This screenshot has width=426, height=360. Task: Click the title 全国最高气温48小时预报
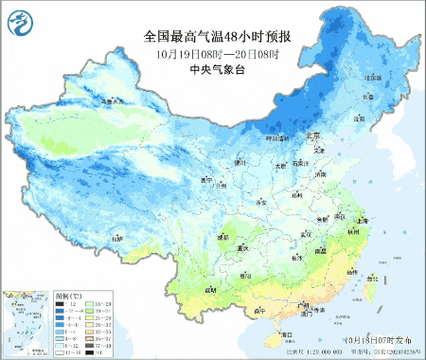click(x=216, y=37)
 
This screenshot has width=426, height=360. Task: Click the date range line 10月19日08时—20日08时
click(x=216, y=54)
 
